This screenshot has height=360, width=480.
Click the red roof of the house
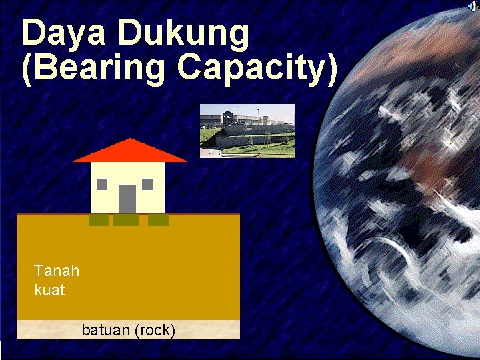[130, 151]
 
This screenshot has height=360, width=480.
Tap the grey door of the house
[127, 198]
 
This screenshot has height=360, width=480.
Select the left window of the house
[103, 184]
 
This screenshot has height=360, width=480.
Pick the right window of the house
[147, 184]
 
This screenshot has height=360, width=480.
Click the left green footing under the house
[99, 220]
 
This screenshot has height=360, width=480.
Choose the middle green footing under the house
[126, 220]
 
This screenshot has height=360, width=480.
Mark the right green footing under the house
[158, 220]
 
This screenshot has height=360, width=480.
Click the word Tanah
[57, 271]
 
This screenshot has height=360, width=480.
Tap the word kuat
[49, 291]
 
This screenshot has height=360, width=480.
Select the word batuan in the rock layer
[105, 330]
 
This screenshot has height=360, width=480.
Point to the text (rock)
[154, 330]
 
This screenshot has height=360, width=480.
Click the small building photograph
[247, 131]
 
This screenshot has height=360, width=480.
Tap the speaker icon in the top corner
[473, 6]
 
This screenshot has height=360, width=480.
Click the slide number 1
[460, 342]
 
